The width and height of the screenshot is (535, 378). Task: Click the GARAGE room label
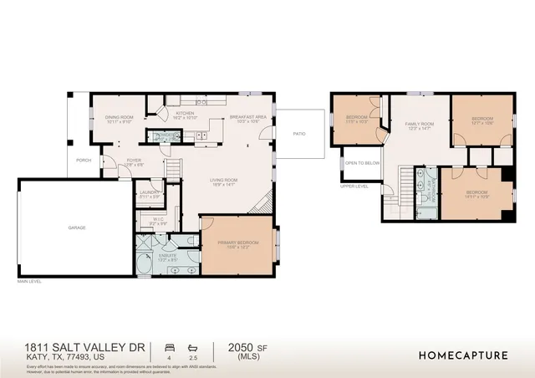(77, 227)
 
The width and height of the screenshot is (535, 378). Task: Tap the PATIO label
(298, 133)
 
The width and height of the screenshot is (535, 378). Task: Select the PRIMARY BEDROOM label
(239, 243)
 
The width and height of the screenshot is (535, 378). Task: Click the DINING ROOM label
(120, 118)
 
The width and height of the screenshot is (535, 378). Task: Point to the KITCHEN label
(184, 115)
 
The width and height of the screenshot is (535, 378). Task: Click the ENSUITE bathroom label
(168, 257)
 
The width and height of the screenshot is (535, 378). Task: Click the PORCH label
(84, 160)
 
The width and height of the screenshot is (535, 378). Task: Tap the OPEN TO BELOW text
(363, 162)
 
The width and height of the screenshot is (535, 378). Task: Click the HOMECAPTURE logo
(462, 355)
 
